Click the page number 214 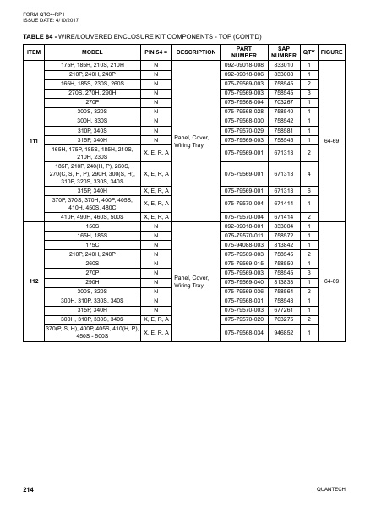(27, 490)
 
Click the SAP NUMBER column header (284, 52)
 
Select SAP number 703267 (284, 101)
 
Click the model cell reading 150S (94, 226)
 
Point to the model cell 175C (94, 245)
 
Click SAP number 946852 (284, 332)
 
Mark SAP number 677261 (284, 309)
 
